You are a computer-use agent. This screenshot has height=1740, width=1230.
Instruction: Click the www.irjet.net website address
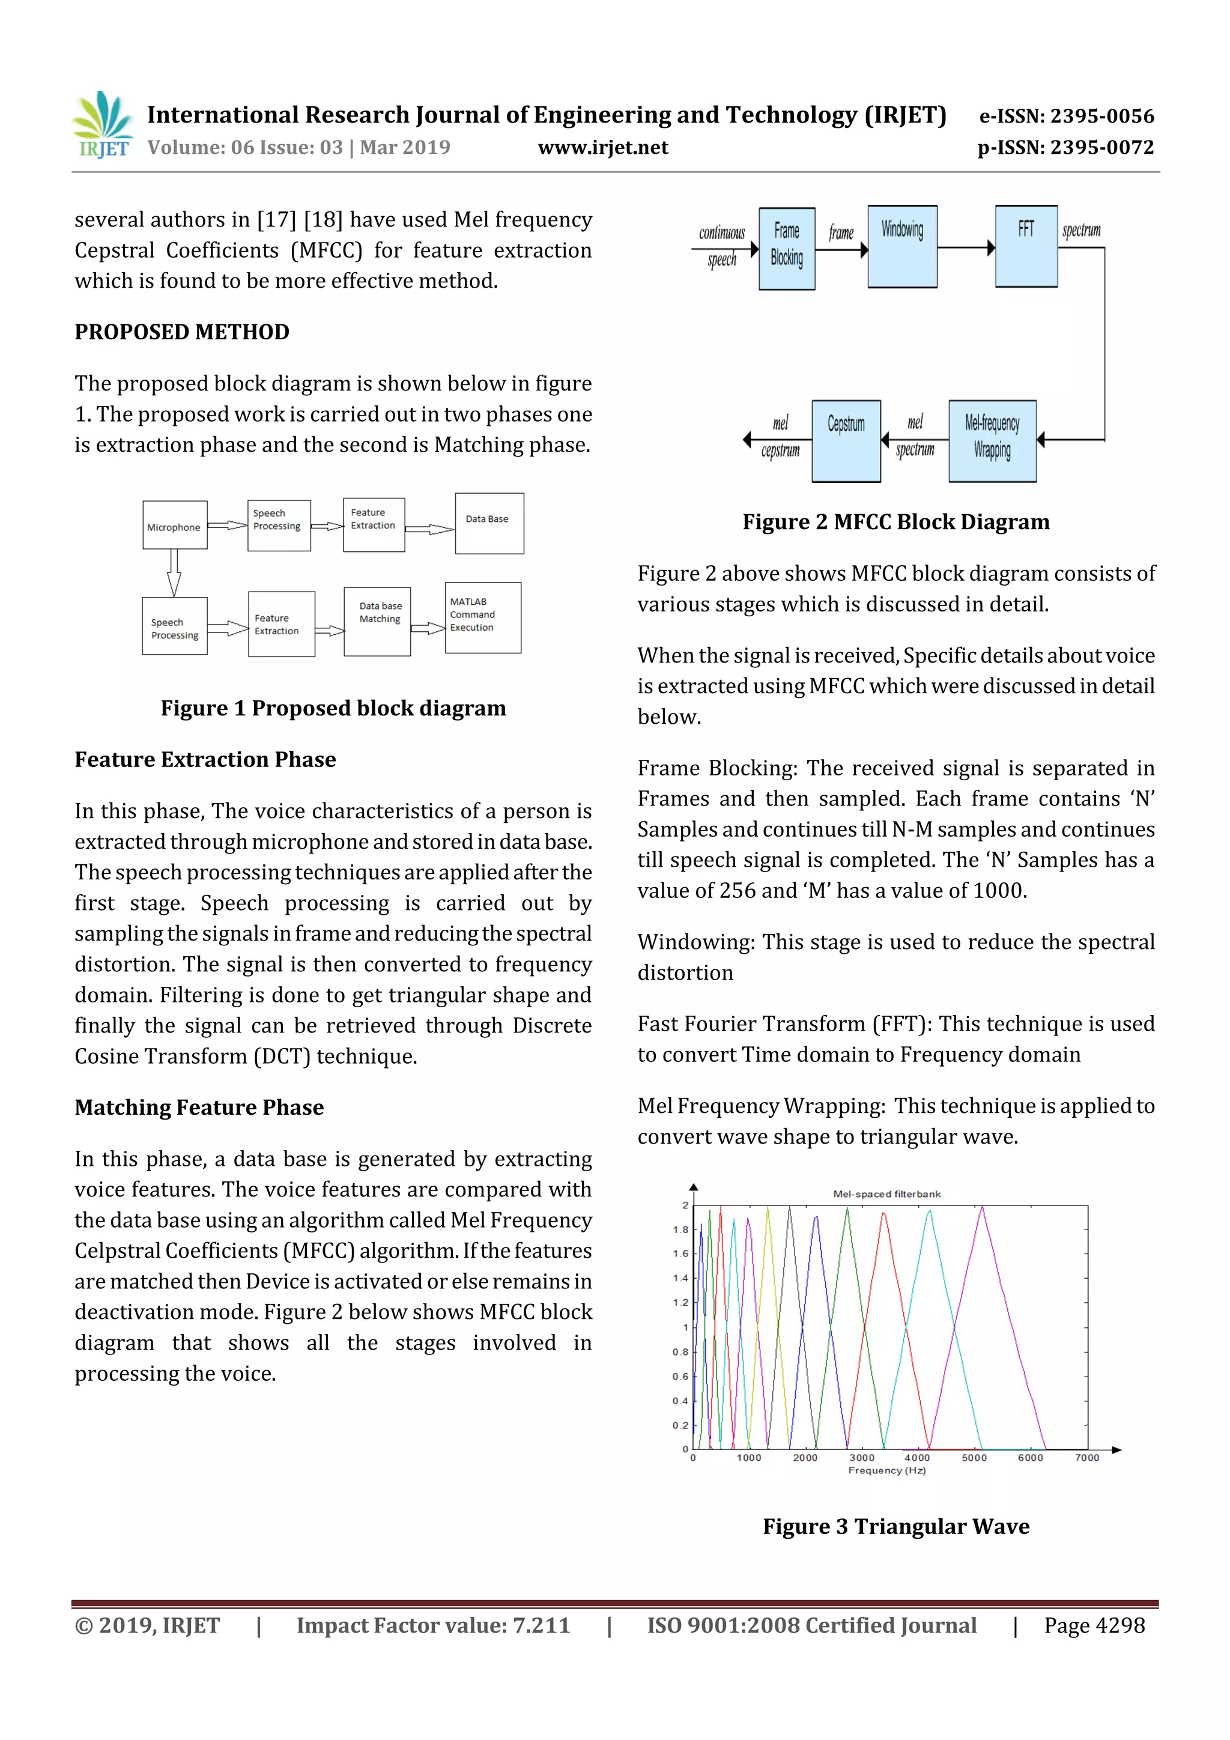[x=602, y=148]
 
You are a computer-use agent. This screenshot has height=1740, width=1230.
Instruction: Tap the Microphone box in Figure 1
[x=175, y=525]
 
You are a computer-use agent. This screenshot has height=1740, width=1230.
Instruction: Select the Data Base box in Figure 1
[x=489, y=524]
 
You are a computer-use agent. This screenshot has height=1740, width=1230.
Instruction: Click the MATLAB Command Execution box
[x=483, y=617]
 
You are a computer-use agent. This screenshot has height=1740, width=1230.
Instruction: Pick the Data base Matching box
[x=377, y=620]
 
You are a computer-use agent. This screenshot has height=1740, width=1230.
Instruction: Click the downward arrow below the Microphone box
[x=174, y=573]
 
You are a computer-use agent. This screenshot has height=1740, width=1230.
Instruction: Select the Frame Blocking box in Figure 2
[x=787, y=249]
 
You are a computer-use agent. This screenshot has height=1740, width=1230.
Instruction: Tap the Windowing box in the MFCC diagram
[x=902, y=246]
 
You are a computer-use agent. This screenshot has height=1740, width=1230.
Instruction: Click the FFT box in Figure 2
[x=1025, y=246]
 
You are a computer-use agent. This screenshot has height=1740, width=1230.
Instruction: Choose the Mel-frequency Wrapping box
[x=992, y=441]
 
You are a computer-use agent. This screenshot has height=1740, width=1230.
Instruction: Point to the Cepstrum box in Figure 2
[x=846, y=441]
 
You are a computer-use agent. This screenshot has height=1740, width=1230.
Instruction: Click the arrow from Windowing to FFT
[x=966, y=248]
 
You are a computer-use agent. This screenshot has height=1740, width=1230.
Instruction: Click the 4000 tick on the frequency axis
[x=917, y=1457]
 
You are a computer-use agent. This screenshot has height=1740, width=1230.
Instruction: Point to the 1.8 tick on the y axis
[x=680, y=1230]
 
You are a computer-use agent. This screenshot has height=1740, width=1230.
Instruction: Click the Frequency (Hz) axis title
[x=886, y=1471]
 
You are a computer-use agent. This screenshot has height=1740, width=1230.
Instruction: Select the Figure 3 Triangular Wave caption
[x=896, y=1526]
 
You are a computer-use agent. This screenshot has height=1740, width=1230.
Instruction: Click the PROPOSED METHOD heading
[x=182, y=332]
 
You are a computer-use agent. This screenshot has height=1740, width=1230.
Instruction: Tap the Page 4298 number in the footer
[x=1094, y=1625]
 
